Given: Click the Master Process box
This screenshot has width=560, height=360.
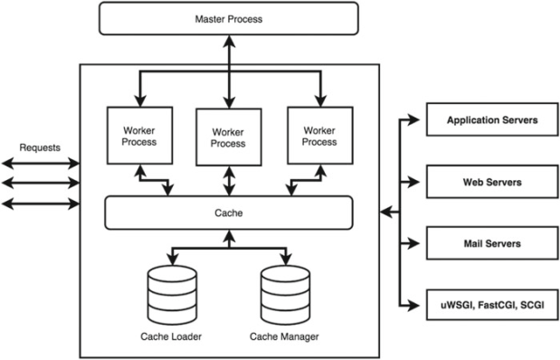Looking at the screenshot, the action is coord(229,19).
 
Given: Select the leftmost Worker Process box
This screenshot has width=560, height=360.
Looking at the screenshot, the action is coord(139,136).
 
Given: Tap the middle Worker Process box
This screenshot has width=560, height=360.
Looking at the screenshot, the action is coord(229,137).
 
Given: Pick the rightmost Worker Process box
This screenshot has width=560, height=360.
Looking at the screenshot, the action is coord(320,136).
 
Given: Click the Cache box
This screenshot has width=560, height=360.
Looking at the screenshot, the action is coord(229,213).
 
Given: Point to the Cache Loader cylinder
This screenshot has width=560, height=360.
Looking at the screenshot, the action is coord(172,295).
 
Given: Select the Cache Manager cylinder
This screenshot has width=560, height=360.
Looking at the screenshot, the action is coord(285,295).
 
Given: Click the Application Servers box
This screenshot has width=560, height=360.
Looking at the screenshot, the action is coord(492,119).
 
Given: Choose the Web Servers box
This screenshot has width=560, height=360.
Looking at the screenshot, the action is coord(492,182).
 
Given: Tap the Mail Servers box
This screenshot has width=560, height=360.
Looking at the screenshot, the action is coord(492,243).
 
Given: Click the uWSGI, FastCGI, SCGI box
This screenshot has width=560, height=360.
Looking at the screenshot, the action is coord(492,305).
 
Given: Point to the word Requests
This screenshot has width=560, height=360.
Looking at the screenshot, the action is coord(40,147).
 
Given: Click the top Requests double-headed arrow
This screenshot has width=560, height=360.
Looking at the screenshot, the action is coord(41,164).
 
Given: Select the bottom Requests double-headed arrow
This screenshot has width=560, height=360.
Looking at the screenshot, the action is coord(41,204).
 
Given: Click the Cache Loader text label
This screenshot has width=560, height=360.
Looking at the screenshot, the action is coord(171,336).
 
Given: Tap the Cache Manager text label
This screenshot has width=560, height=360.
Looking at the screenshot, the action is coord(284,336).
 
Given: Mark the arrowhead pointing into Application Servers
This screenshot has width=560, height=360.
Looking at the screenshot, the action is coord(414,119).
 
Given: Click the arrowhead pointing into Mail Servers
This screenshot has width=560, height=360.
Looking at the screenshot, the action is coord(414,243).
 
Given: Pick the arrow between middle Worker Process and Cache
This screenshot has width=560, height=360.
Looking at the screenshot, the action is coord(229,181).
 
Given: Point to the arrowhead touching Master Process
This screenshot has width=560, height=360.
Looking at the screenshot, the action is coord(229,42).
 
